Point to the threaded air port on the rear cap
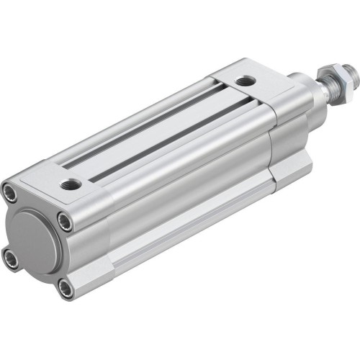pos(73,184)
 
